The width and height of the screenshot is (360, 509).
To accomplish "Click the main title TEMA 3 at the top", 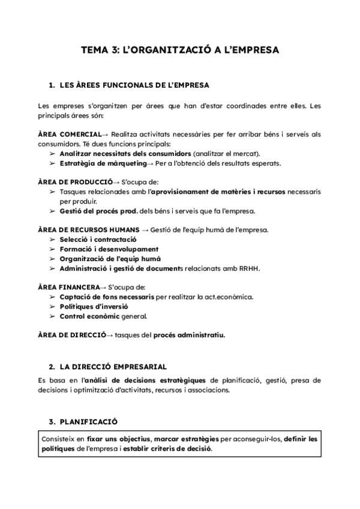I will pyautogui.click(x=179, y=51).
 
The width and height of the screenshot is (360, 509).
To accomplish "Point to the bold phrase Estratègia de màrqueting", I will pyautogui.click(x=103, y=163).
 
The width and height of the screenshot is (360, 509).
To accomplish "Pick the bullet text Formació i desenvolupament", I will pyautogui.click(x=109, y=249).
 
